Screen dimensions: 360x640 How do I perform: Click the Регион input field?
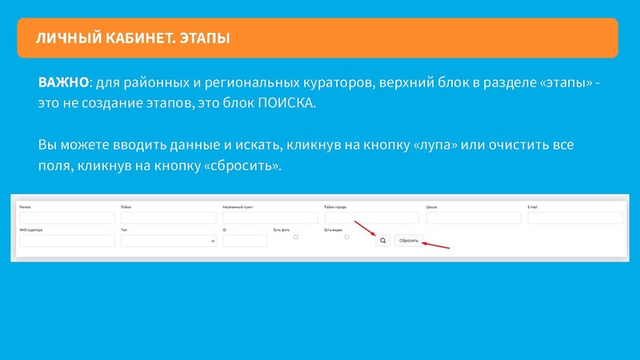[x=67, y=218]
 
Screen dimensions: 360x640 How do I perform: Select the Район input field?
[x=169, y=218]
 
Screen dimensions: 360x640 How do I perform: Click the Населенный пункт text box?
[x=270, y=218]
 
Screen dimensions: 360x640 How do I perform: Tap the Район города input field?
[x=372, y=218]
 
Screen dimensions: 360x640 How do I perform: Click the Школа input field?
[x=474, y=218]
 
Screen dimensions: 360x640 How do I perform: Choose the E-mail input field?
[x=574, y=218]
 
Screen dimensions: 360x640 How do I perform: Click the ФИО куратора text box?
[x=67, y=241]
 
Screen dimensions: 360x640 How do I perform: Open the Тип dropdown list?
[x=169, y=241]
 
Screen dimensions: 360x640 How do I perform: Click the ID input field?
[x=245, y=241]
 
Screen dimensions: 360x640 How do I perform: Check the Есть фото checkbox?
[x=296, y=237]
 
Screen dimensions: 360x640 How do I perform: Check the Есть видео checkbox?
[x=346, y=237]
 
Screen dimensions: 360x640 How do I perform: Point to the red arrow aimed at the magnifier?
[x=364, y=229]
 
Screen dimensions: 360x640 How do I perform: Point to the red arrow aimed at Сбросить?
[x=436, y=245]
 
